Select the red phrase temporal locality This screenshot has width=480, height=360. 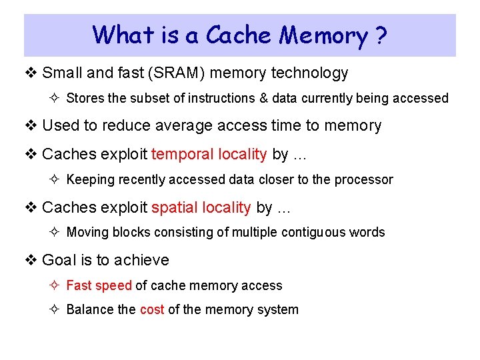pyautogui.click(x=209, y=154)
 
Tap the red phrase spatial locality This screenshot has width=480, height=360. pyautogui.click(x=201, y=207)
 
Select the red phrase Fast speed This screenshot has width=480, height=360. pyautogui.click(x=99, y=286)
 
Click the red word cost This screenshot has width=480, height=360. pyautogui.click(x=152, y=310)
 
